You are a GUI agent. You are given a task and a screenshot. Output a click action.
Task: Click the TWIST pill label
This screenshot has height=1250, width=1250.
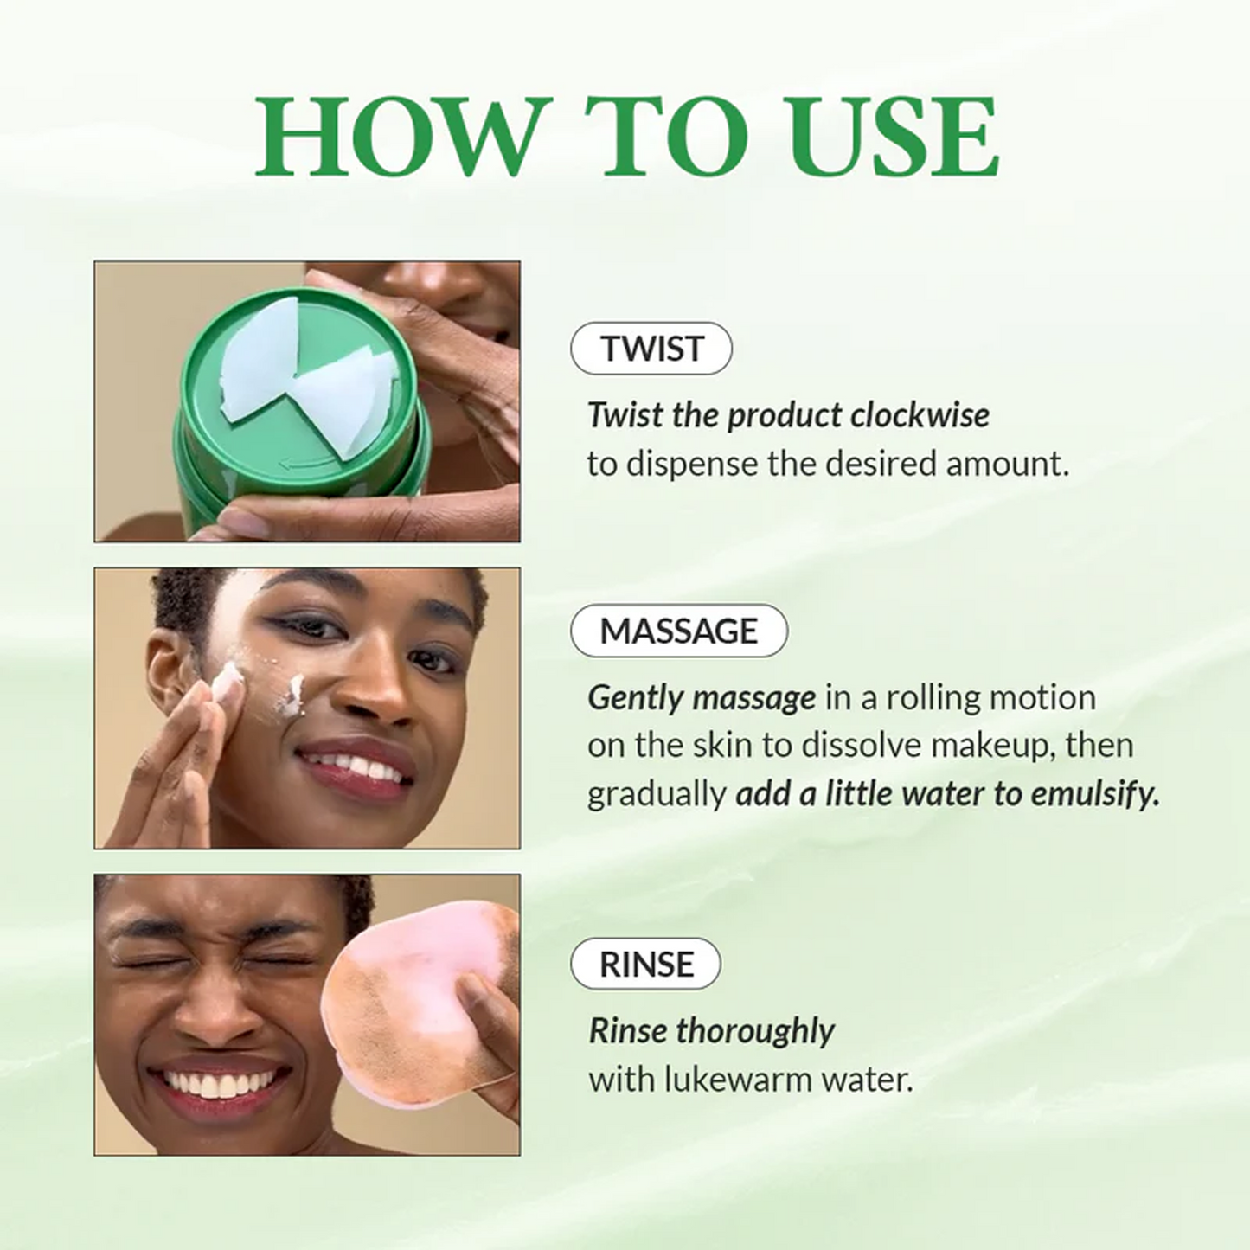pyautogui.click(x=651, y=349)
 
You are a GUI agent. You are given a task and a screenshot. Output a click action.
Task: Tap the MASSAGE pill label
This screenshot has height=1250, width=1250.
pyautogui.click(x=679, y=631)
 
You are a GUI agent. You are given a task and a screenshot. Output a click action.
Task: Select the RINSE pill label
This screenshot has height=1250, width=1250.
pyautogui.click(x=645, y=964)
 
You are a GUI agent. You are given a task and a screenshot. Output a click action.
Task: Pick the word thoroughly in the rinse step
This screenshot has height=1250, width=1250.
pyautogui.click(x=755, y=1031)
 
